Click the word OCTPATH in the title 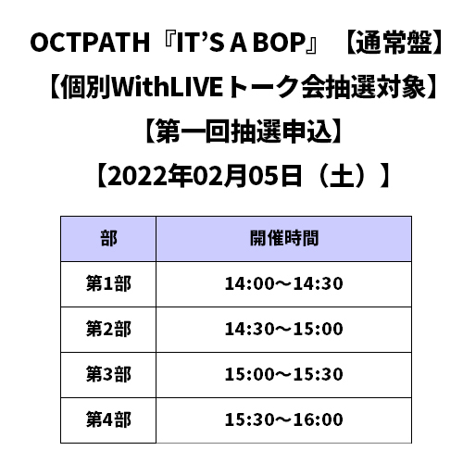90,43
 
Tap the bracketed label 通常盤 394,43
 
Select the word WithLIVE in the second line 167,87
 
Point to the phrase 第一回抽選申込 244,131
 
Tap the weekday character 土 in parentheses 342,176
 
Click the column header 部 108,239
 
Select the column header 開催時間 284,239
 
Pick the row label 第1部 108,283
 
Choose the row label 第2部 108,329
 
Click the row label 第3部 108,374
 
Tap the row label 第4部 108,419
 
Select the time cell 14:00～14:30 284,283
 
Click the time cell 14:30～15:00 284,329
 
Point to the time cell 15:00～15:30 284,374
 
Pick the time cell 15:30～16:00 284,419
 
